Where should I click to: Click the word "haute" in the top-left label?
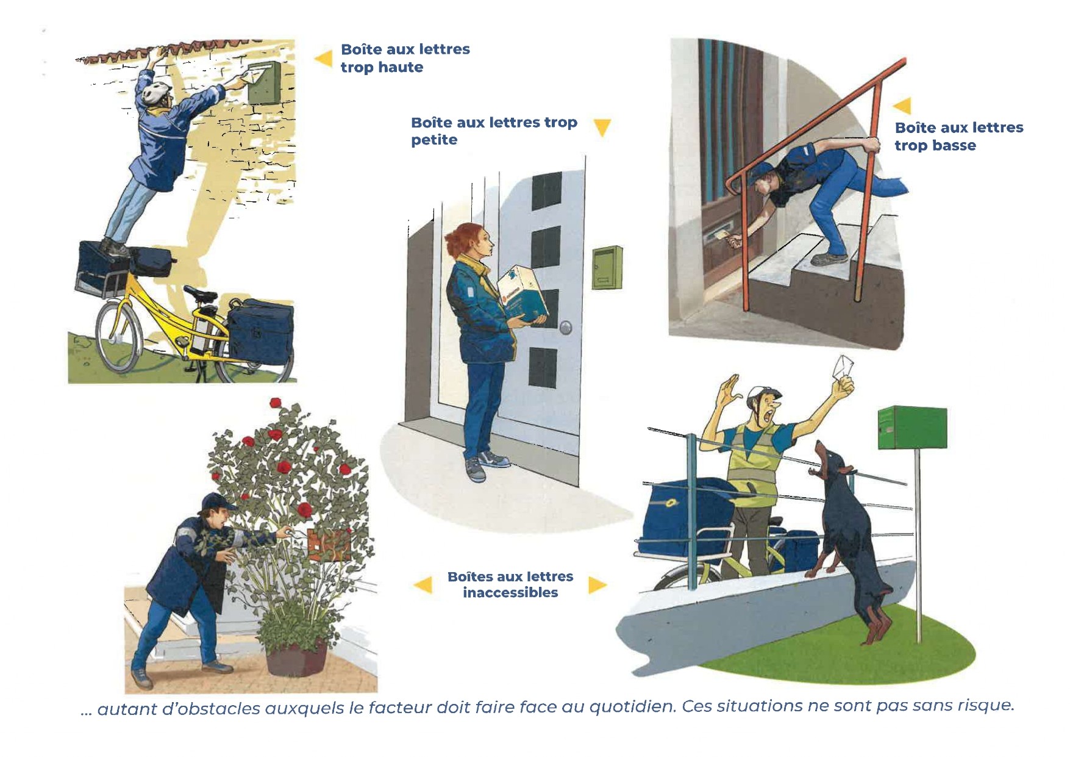point(400,67)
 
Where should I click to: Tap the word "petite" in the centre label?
point(433,140)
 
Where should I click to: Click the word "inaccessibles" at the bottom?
point(510,593)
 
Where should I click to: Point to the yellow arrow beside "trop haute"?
point(323,59)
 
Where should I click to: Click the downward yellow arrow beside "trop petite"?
point(602,127)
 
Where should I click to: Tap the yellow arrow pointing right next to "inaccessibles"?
point(597,586)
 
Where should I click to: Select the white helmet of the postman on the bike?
point(156,91)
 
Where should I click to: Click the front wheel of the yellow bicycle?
point(118,335)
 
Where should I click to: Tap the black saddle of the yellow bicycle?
point(201,294)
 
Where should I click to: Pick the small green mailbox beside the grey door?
point(607,268)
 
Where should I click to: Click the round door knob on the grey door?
point(566,328)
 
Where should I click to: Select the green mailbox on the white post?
point(912,428)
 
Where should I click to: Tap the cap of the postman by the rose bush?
point(217,501)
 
